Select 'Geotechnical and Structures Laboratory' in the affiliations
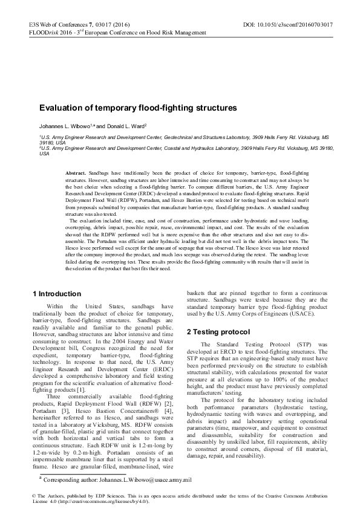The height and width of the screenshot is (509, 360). pos(197,138)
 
